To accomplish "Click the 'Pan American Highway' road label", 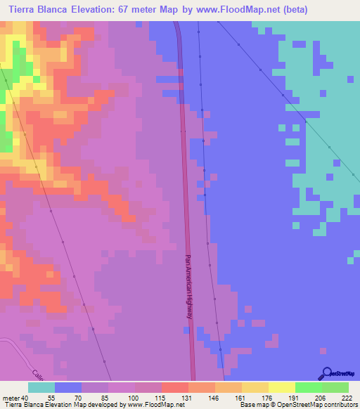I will (x=188, y=286).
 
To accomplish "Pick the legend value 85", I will (x=94, y=397).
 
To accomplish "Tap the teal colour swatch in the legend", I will (x=41, y=387).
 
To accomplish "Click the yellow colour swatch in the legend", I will (x=281, y=387).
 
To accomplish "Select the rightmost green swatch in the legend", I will (x=335, y=387).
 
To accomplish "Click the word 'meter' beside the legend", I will (x=10, y=397).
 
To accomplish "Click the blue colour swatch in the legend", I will (x=67, y=387).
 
